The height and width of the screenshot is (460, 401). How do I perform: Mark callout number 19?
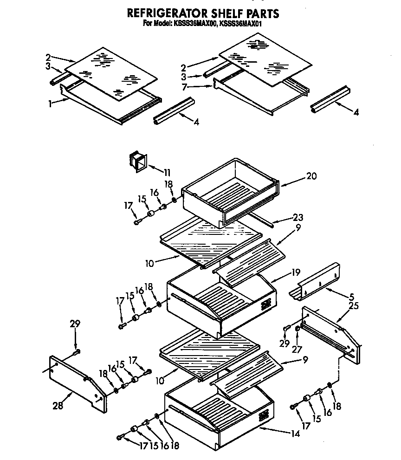coord(295,272)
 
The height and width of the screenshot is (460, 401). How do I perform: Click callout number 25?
coord(354,306)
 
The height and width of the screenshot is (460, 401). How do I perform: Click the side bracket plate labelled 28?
coord(77,382)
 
